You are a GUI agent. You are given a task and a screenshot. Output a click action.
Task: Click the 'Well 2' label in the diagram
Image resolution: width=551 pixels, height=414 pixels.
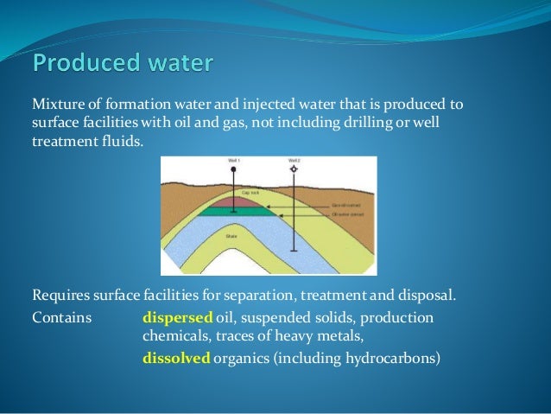[294, 161]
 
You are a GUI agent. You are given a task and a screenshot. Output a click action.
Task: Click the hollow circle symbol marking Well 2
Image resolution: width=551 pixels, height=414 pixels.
[294, 169]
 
